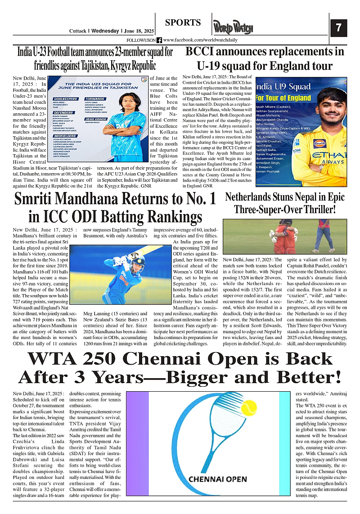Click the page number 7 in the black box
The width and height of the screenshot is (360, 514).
tap(338, 28)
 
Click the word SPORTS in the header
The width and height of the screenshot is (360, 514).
tap(183, 23)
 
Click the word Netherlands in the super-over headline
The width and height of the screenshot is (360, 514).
tap(251, 197)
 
